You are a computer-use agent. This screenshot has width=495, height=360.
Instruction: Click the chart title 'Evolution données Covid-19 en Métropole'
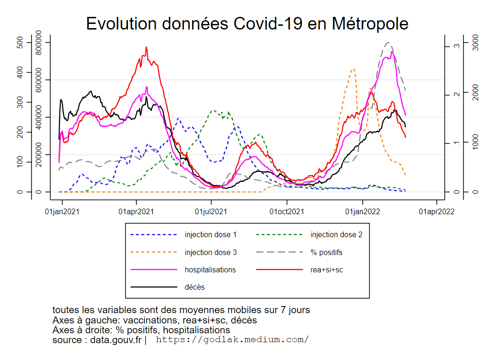tap(247, 23)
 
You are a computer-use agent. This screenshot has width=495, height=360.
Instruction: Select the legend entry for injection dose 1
tap(210, 234)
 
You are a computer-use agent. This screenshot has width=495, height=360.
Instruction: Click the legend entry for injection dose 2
tap(336, 234)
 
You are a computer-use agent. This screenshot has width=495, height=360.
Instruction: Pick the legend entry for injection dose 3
tap(210, 252)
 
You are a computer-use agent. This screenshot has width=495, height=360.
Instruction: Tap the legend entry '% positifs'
tap(326, 252)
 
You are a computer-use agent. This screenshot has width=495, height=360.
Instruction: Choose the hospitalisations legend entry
tap(210, 270)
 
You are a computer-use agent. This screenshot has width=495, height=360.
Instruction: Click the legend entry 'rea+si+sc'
tap(326, 270)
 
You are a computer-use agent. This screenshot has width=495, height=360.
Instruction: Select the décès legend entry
tap(195, 287)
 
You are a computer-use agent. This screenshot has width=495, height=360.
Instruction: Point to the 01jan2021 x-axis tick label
tap(62, 212)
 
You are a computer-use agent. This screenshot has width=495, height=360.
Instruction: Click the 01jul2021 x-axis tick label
tap(211, 212)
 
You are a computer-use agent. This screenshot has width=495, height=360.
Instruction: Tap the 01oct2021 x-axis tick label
tap(287, 212)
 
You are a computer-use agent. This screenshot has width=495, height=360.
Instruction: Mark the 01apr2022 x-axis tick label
tap(436, 212)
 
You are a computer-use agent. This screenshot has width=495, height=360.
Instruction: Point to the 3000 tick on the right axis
tap(474, 43)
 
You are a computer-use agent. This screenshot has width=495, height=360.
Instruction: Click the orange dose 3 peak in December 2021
tap(353, 69)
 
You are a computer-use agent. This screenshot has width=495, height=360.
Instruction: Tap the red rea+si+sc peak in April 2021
tap(146, 47)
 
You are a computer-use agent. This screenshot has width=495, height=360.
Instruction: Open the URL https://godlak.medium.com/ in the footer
tap(232, 339)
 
